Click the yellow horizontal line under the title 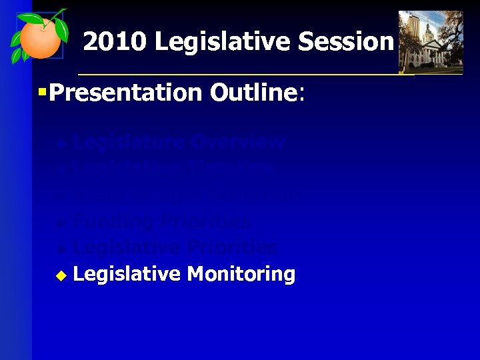tap(267, 74)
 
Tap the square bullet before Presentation tap(42, 92)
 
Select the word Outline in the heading tap(253, 93)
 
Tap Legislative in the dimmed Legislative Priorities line tap(126, 247)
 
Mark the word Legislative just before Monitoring tap(126, 274)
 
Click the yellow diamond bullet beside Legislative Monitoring tap(61, 275)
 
